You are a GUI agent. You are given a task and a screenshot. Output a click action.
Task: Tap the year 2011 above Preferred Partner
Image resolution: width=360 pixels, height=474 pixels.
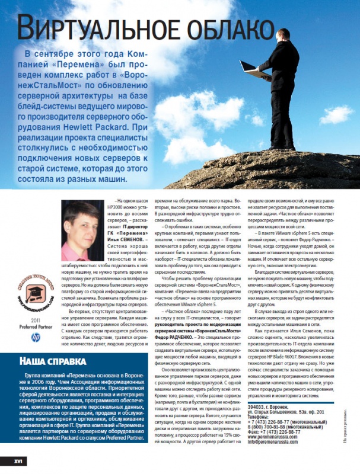click(36, 320)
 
